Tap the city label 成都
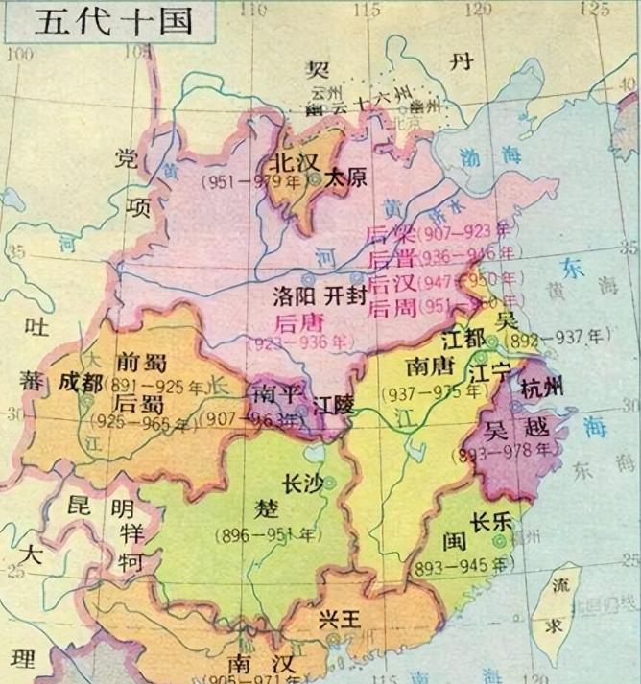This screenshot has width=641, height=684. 80,381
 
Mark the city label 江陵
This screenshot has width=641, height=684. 334,407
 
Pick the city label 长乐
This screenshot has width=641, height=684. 489,524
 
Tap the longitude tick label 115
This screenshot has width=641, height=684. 365,10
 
